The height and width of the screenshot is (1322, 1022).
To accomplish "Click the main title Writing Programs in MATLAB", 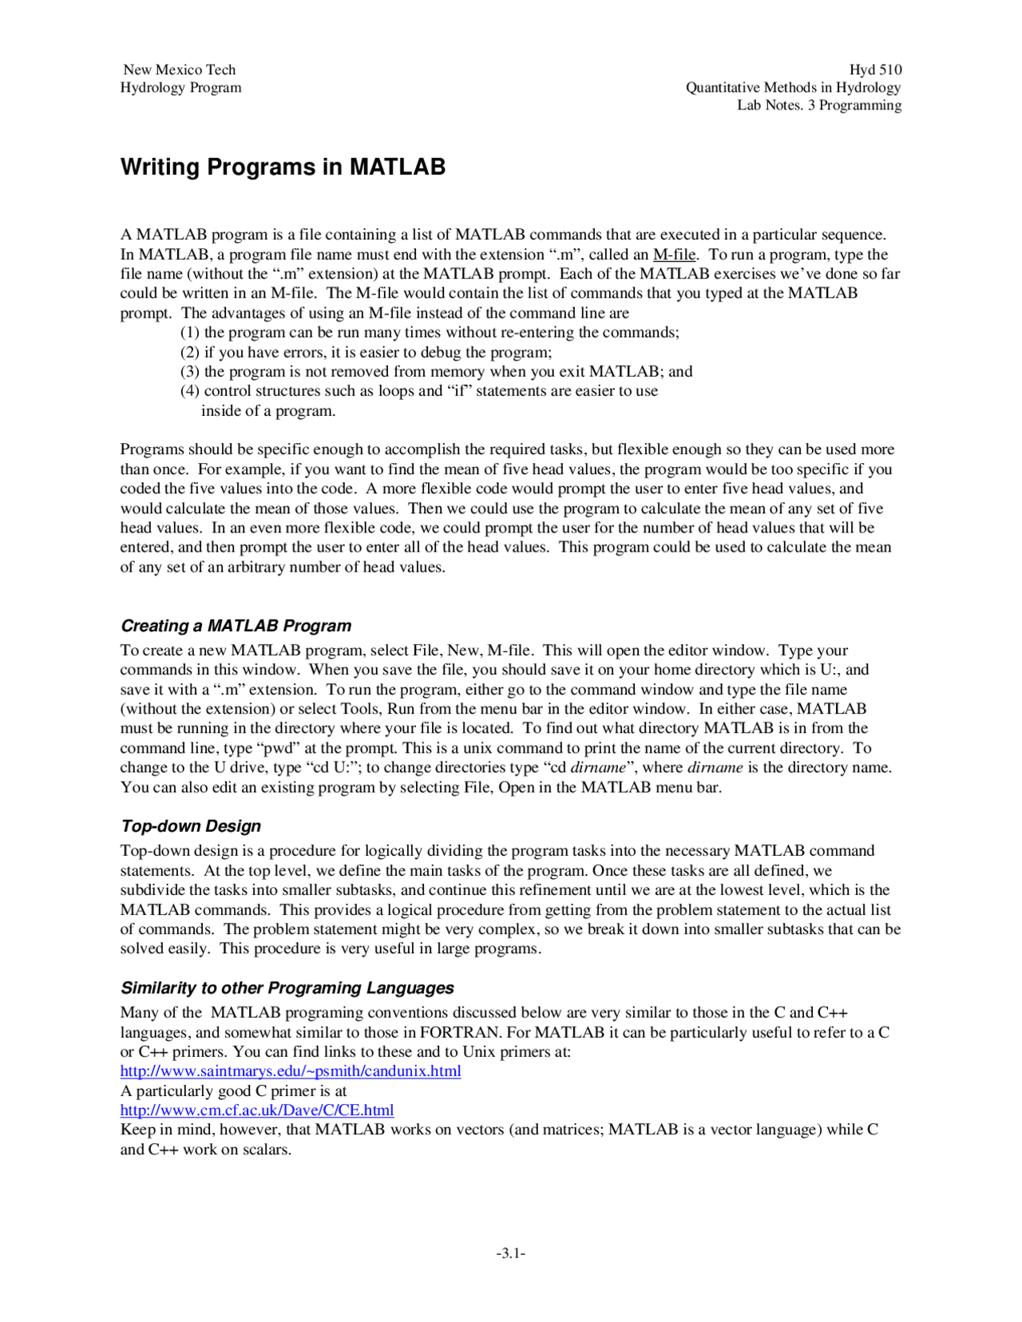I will pyautogui.click(x=283, y=167).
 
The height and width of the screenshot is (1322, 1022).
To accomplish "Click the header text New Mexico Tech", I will pyautogui.click(x=180, y=69).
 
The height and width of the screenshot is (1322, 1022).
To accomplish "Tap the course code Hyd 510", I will pyautogui.click(x=875, y=69).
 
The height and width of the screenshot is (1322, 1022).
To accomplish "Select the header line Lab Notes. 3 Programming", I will pyautogui.click(x=819, y=105).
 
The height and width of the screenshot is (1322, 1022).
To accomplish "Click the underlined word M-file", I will pyautogui.click(x=675, y=255).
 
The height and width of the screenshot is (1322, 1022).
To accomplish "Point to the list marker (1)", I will pyautogui.click(x=189, y=332).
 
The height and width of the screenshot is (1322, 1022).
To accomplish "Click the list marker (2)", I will pyautogui.click(x=189, y=352).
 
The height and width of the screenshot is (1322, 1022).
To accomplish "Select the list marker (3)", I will pyautogui.click(x=189, y=371).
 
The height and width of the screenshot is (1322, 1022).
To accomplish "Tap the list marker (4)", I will pyautogui.click(x=189, y=391).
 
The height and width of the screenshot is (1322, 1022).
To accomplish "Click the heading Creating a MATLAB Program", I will pyautogui.click(x=236, y=626).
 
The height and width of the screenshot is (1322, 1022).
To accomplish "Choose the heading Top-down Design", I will pyautogui.click(x=191, y=826).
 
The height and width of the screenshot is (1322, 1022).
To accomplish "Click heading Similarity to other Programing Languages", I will pyautogui.click(x=287, y=988).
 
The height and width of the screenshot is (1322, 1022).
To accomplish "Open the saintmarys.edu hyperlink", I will pyautogui.click(x=291, y=1071).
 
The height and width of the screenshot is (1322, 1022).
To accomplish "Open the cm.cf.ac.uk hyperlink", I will pyautogui.click(x=256, y=1110).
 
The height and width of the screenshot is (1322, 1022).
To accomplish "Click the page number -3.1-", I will pyautogui.click(x=510, y=1253).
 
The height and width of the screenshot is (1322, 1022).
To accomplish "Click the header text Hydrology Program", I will pyautogui.click(x=180, y=88).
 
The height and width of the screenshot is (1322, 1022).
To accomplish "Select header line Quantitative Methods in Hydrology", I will pyautogui.click(x=793, y=88).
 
